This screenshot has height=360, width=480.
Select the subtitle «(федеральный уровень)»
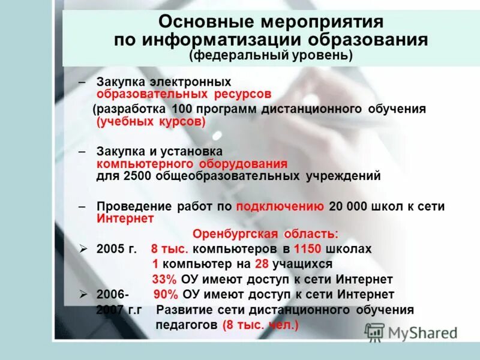pos(271,56)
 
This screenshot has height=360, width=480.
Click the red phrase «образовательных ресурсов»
pos(184,94)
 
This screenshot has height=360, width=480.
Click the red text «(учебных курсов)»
pos(151,122)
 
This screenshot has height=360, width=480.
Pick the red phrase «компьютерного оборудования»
pos(192,164)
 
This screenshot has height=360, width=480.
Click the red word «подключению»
pos(280,206)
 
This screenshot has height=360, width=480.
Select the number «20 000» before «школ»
pos(349,206)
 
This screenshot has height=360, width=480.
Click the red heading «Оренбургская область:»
pos(265,234)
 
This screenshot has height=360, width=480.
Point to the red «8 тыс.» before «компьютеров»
pos(170,248)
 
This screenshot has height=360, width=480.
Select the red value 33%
pos(164,280)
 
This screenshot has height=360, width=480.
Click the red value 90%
pos(166,295)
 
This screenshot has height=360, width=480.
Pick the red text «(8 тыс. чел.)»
pos(259,325)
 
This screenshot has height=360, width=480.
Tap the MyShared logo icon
pos(374,332)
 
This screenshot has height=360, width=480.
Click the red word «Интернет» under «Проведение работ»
pos(125,219)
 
